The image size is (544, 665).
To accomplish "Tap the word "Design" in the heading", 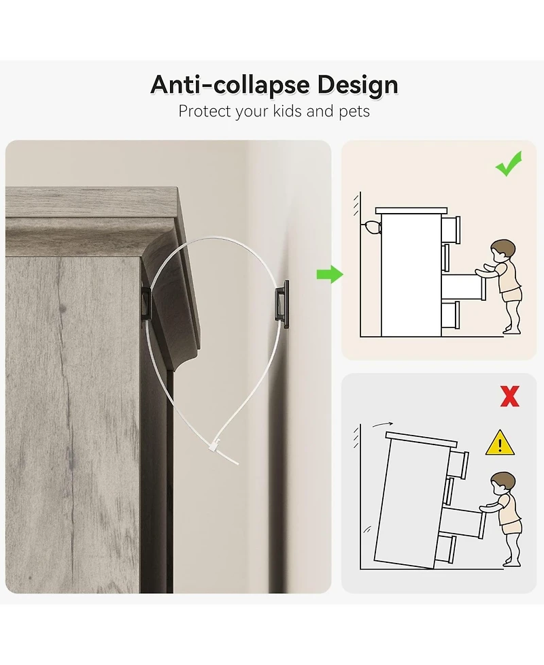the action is click(x=358, y=85).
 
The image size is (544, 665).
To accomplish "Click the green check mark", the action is click(x=509, y=163).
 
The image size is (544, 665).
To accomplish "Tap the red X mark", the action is click(x=510, y=397).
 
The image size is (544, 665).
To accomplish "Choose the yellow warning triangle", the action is click(x=500, y=443).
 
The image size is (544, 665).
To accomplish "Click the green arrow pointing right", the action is click(x=330, y=274).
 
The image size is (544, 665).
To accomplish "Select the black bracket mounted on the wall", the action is click(x=282, y=304).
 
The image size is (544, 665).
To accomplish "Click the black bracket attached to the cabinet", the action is click(x=145, y=302).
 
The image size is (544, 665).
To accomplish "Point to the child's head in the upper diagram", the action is click(x=503, y=250).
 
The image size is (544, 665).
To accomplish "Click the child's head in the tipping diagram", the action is click(x=503, y=483).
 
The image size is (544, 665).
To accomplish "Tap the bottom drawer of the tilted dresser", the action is click(x=445, y=548).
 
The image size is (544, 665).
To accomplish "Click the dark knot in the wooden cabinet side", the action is click(x=63, y=308).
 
